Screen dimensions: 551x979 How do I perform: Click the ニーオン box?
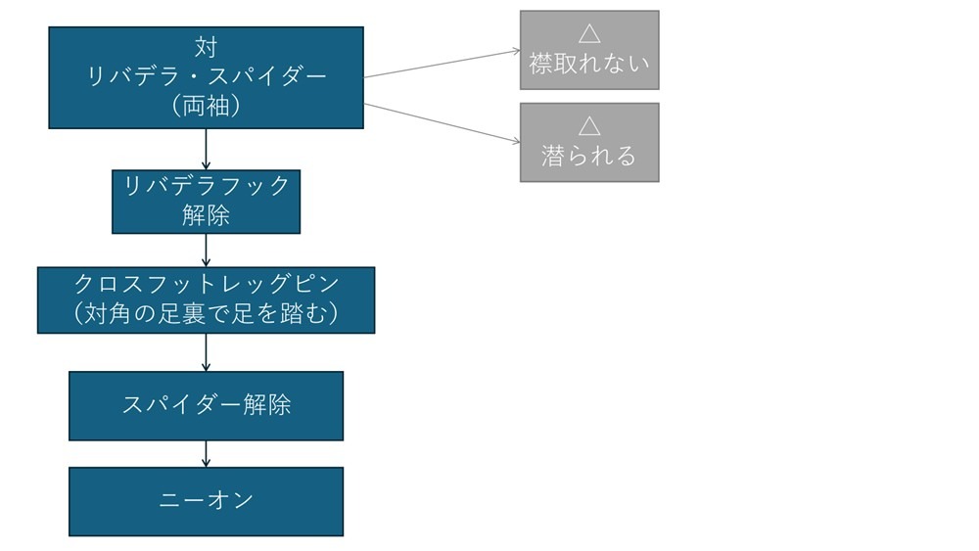(206, 501)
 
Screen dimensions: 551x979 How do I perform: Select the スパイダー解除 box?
(206, 405)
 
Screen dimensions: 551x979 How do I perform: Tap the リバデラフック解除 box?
(206, 202)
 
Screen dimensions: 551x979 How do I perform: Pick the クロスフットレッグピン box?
(206, 299)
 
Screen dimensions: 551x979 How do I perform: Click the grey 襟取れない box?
(588, 50)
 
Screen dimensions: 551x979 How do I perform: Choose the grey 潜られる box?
(588, 142)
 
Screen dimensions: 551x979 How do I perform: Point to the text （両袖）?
(206, 107)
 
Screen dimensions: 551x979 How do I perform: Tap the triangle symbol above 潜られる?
(588, 126)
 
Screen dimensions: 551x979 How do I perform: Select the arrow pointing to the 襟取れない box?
(441, 64)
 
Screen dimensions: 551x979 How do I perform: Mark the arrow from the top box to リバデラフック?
(206, 149)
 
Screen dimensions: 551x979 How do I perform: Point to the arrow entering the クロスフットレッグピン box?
(206, 251)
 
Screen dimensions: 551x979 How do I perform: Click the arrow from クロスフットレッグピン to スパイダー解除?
(206, 352)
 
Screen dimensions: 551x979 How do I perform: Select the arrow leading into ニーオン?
(206, 453)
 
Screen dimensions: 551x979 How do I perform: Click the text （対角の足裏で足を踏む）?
(206, 315)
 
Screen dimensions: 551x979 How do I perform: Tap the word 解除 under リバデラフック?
(206, 216)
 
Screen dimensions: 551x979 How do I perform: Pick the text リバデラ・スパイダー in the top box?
(206, 77)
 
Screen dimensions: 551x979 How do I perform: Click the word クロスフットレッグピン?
(206, 285)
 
